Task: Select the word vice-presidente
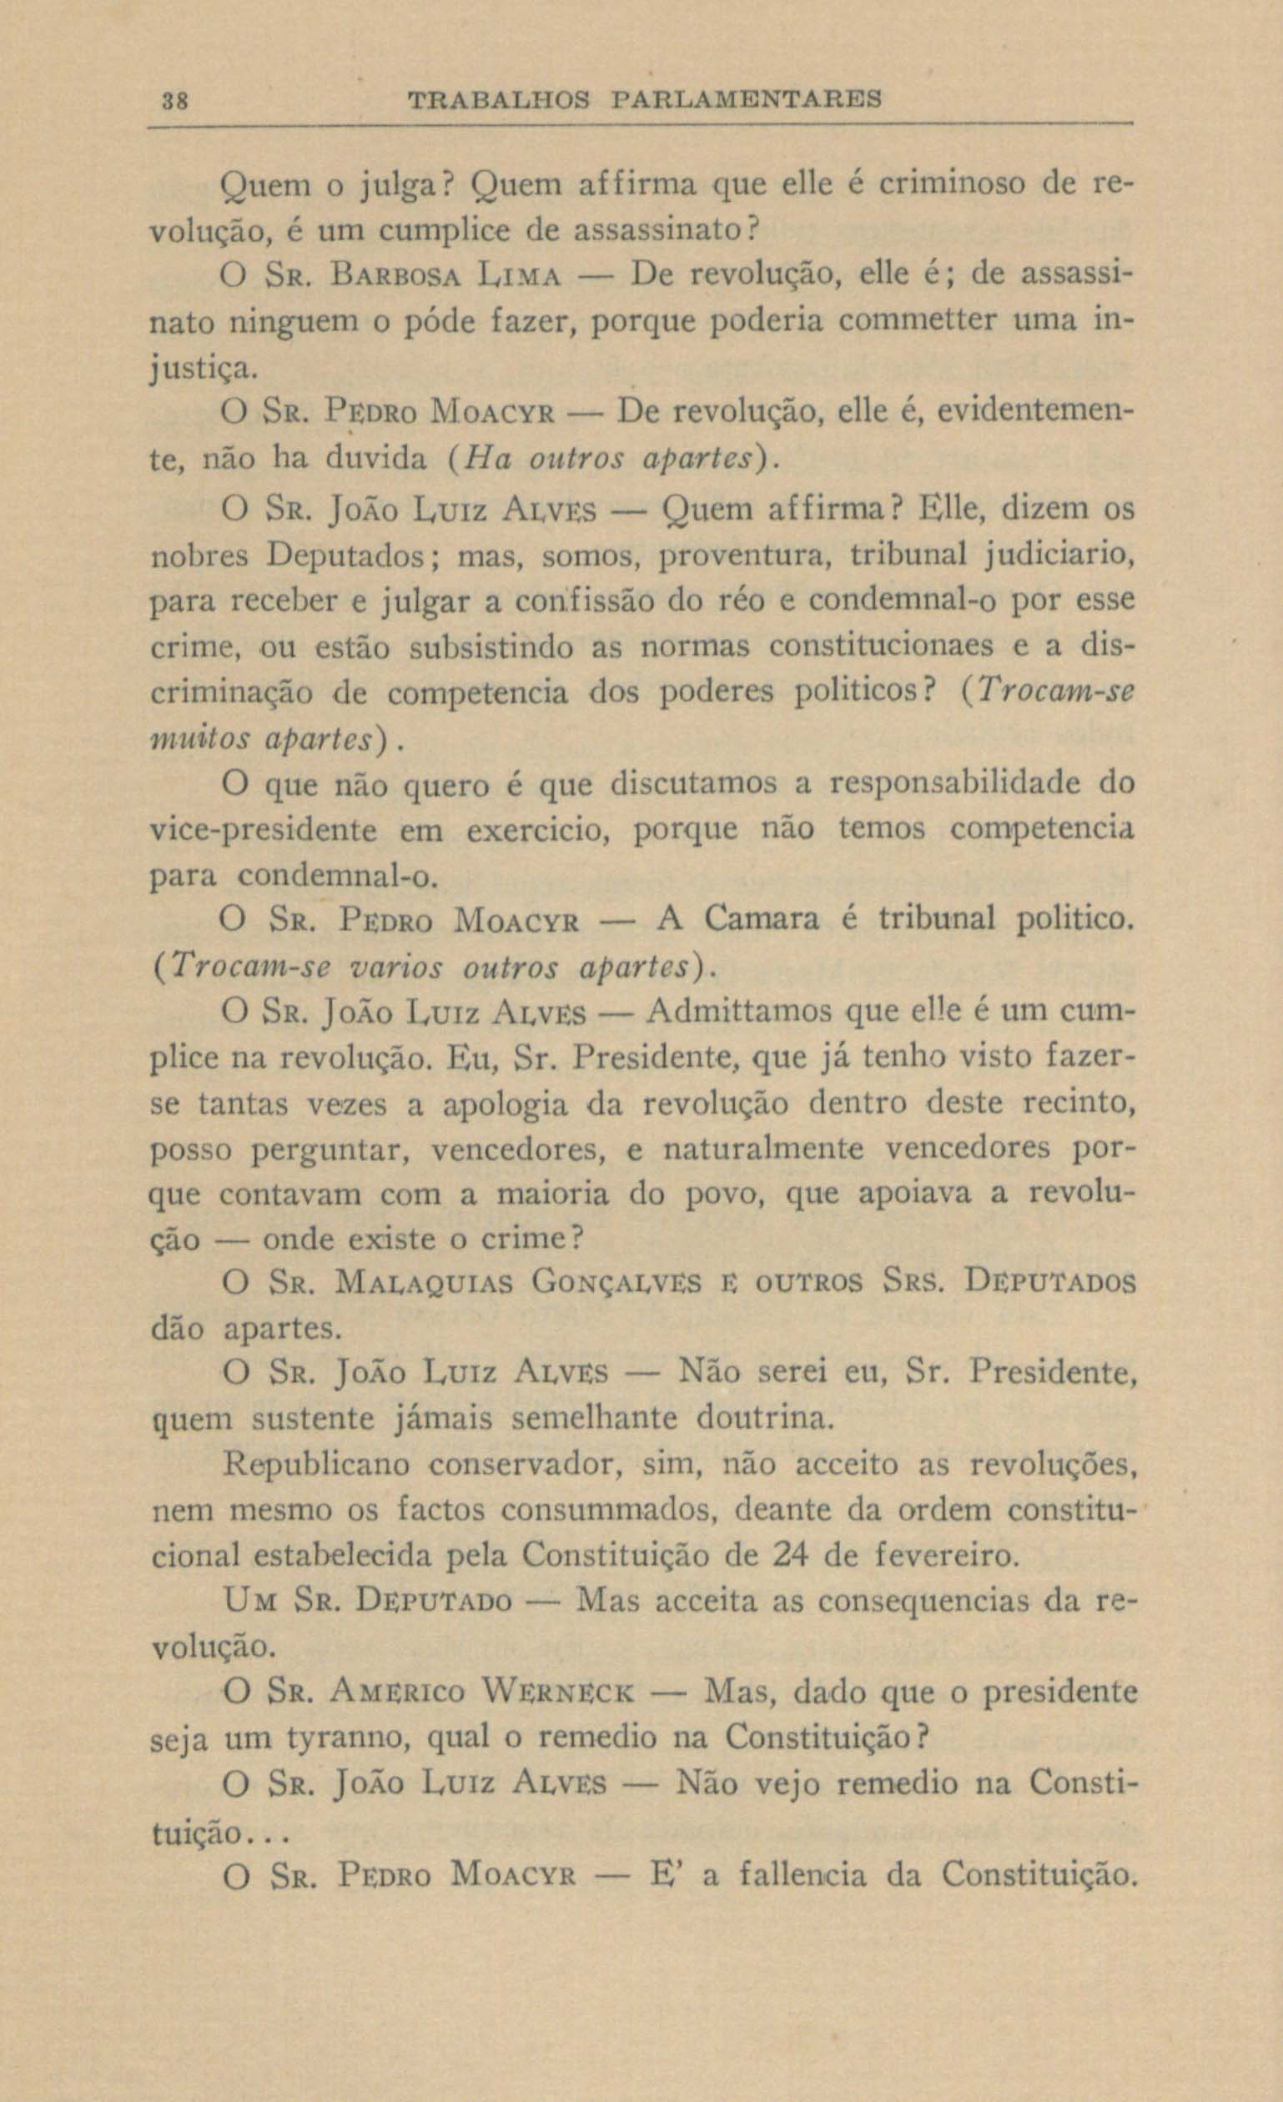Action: pos(263,830)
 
